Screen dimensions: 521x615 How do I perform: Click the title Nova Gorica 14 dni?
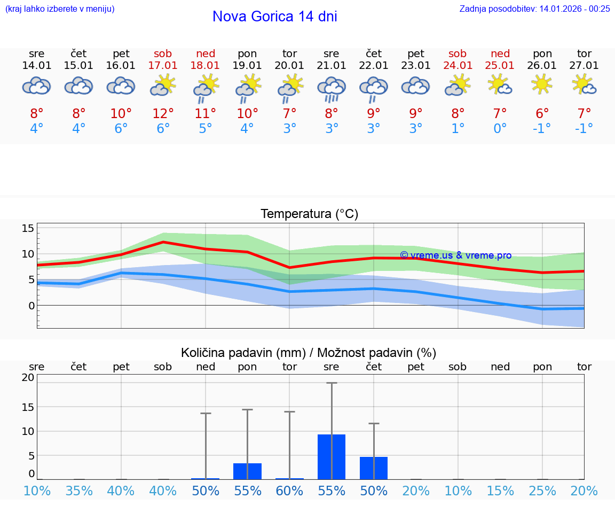point(274,17)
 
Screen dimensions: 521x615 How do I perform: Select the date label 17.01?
point(163,66)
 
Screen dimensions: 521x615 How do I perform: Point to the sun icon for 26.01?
point(542,84)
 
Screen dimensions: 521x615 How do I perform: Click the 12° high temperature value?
point(163,113)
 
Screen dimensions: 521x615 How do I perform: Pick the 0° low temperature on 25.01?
point(500,129)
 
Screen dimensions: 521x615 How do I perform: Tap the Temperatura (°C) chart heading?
point(309,214)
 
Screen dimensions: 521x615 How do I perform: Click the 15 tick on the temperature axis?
point(28,229)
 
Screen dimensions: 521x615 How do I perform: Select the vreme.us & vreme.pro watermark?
point(455,255)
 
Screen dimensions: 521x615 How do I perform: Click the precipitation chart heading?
point(309,353)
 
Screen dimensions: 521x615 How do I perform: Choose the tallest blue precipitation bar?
point(332,457)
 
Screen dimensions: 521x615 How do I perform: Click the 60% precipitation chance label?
point(289,491)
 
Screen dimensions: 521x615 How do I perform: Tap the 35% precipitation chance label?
point(79,491)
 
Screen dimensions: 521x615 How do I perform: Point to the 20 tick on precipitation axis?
point(28,377)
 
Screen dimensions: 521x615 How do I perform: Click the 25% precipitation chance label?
point(542,491)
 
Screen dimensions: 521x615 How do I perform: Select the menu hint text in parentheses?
point(60,9)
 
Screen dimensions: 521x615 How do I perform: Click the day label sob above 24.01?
point(458,53)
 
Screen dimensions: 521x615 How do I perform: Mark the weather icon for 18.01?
point(206,88)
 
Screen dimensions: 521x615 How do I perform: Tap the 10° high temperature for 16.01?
point(121,113)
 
